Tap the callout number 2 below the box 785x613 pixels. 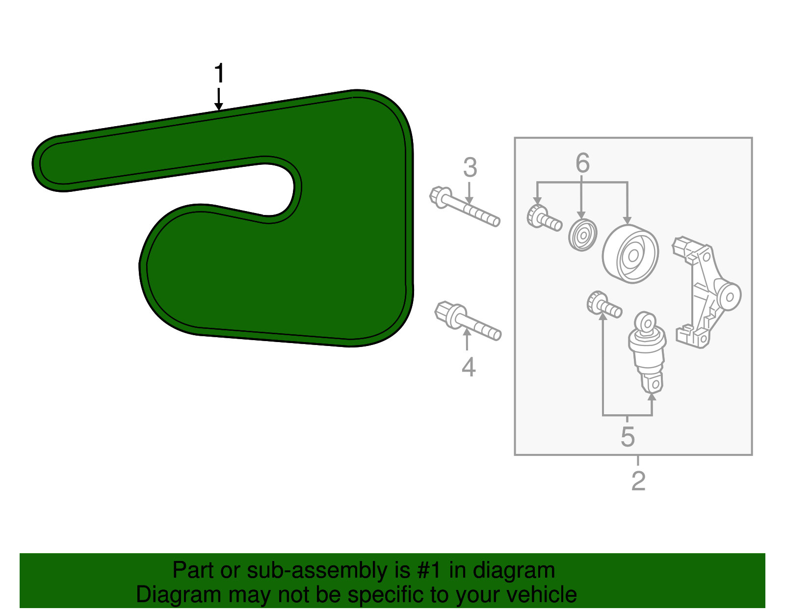pyautogui.click(x=638, y=481)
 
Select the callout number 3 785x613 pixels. pyautogui.click(x=470, y=168)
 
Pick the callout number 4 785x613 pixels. pyautogui.click(x=469, y=367)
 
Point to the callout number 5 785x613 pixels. pyautogui.click(x=628, y=436)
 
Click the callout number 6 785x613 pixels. pyautogui.click(x=582, y=163)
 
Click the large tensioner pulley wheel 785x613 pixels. pyautogui.click(x=630, y=254)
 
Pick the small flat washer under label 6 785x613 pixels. pyautogui.click(x=582, y=235)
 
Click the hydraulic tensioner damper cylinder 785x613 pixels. pyautogui.click(x=648, y=351)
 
